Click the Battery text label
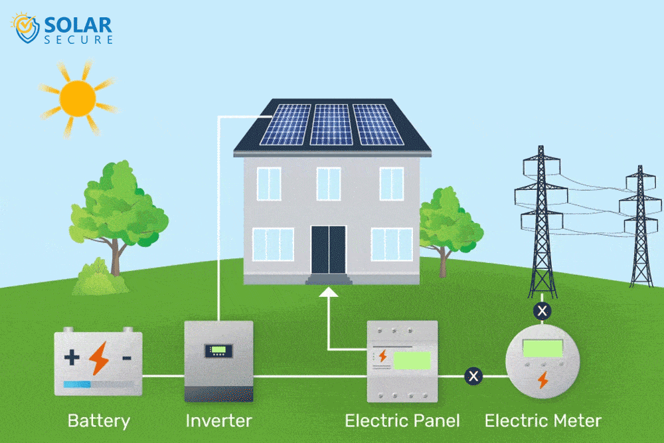98,420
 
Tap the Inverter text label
218,420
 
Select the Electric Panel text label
402,420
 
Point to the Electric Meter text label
542,420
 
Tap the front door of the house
329,249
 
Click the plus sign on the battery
72,359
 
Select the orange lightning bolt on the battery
99,359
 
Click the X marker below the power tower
542,310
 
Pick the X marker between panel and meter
473,377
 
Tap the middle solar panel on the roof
331,124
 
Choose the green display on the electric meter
542,347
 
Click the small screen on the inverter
218,350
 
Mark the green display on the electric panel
411,361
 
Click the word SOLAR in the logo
78,25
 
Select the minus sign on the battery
126,359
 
